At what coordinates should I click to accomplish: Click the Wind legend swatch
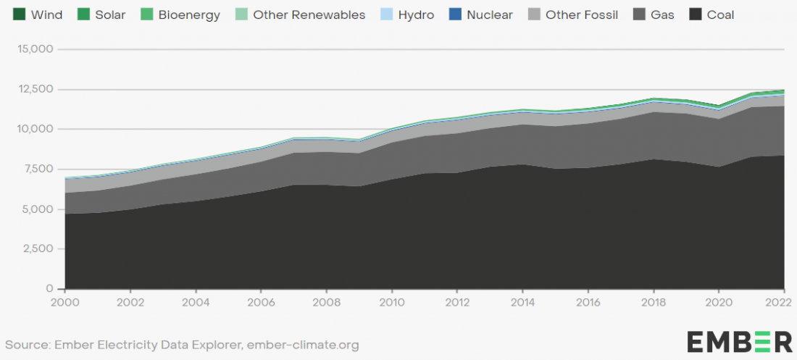click(x=20, y=14)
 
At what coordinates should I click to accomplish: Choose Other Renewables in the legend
click(x=301, y=14)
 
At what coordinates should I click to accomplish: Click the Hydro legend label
click(x=417, y=15)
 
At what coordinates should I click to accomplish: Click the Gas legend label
click(x=662, y=15)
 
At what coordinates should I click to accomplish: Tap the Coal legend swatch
click(x=694, y=14)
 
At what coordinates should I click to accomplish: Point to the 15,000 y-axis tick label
click(x=35, y=49)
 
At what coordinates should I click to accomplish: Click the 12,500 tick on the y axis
click(x=35, y=90)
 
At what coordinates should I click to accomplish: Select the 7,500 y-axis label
click(x=38, y=169)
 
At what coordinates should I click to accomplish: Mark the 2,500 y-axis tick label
click(x=38, y=249)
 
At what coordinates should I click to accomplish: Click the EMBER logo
click(x=740, y=342)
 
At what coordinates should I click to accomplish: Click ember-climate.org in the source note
click(x=303, y=346)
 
